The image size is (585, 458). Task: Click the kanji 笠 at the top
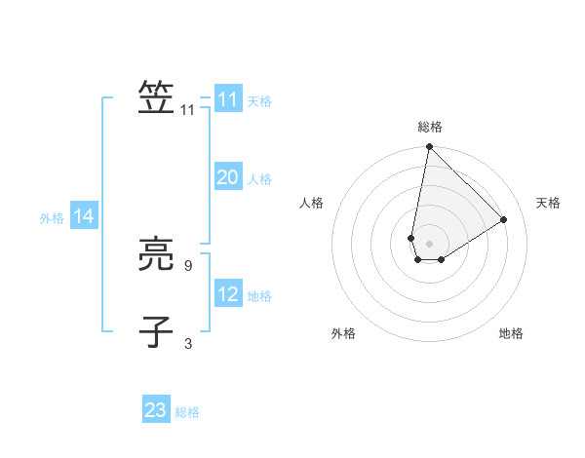156,97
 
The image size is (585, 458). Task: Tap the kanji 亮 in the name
156,256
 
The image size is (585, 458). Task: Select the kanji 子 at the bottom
156,331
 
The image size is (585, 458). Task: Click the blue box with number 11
227,99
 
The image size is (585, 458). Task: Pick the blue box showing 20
227,177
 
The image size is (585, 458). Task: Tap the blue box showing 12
227,294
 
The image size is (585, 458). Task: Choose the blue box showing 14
84,217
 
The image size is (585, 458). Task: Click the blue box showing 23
156,410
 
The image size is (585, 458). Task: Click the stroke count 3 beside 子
187,343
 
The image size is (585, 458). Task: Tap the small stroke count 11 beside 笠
188,110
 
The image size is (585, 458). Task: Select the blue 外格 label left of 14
52,218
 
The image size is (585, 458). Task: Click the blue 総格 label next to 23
187,412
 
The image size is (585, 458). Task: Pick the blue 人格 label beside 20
259,179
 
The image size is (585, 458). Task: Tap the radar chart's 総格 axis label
430,127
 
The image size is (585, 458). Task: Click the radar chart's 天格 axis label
548,203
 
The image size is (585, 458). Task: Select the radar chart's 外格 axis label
343,333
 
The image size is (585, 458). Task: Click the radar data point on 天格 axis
504,219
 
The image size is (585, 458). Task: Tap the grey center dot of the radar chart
430,244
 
